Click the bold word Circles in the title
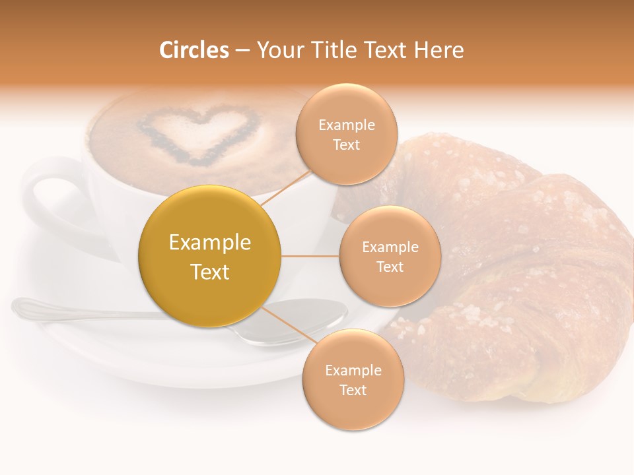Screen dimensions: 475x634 coord(194,50)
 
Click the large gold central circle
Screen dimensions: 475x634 coord(209,256)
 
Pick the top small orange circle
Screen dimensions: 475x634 coord(346,134)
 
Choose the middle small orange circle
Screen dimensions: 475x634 coord(390,256)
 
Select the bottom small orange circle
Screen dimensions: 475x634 coord(353,379)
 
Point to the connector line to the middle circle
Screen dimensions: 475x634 coord(310,256)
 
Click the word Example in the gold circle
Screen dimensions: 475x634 coord(209,243)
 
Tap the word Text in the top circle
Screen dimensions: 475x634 coord(346,144)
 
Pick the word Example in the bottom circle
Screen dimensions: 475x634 coord(353,370)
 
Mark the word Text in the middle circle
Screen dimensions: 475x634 coord(390,267)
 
